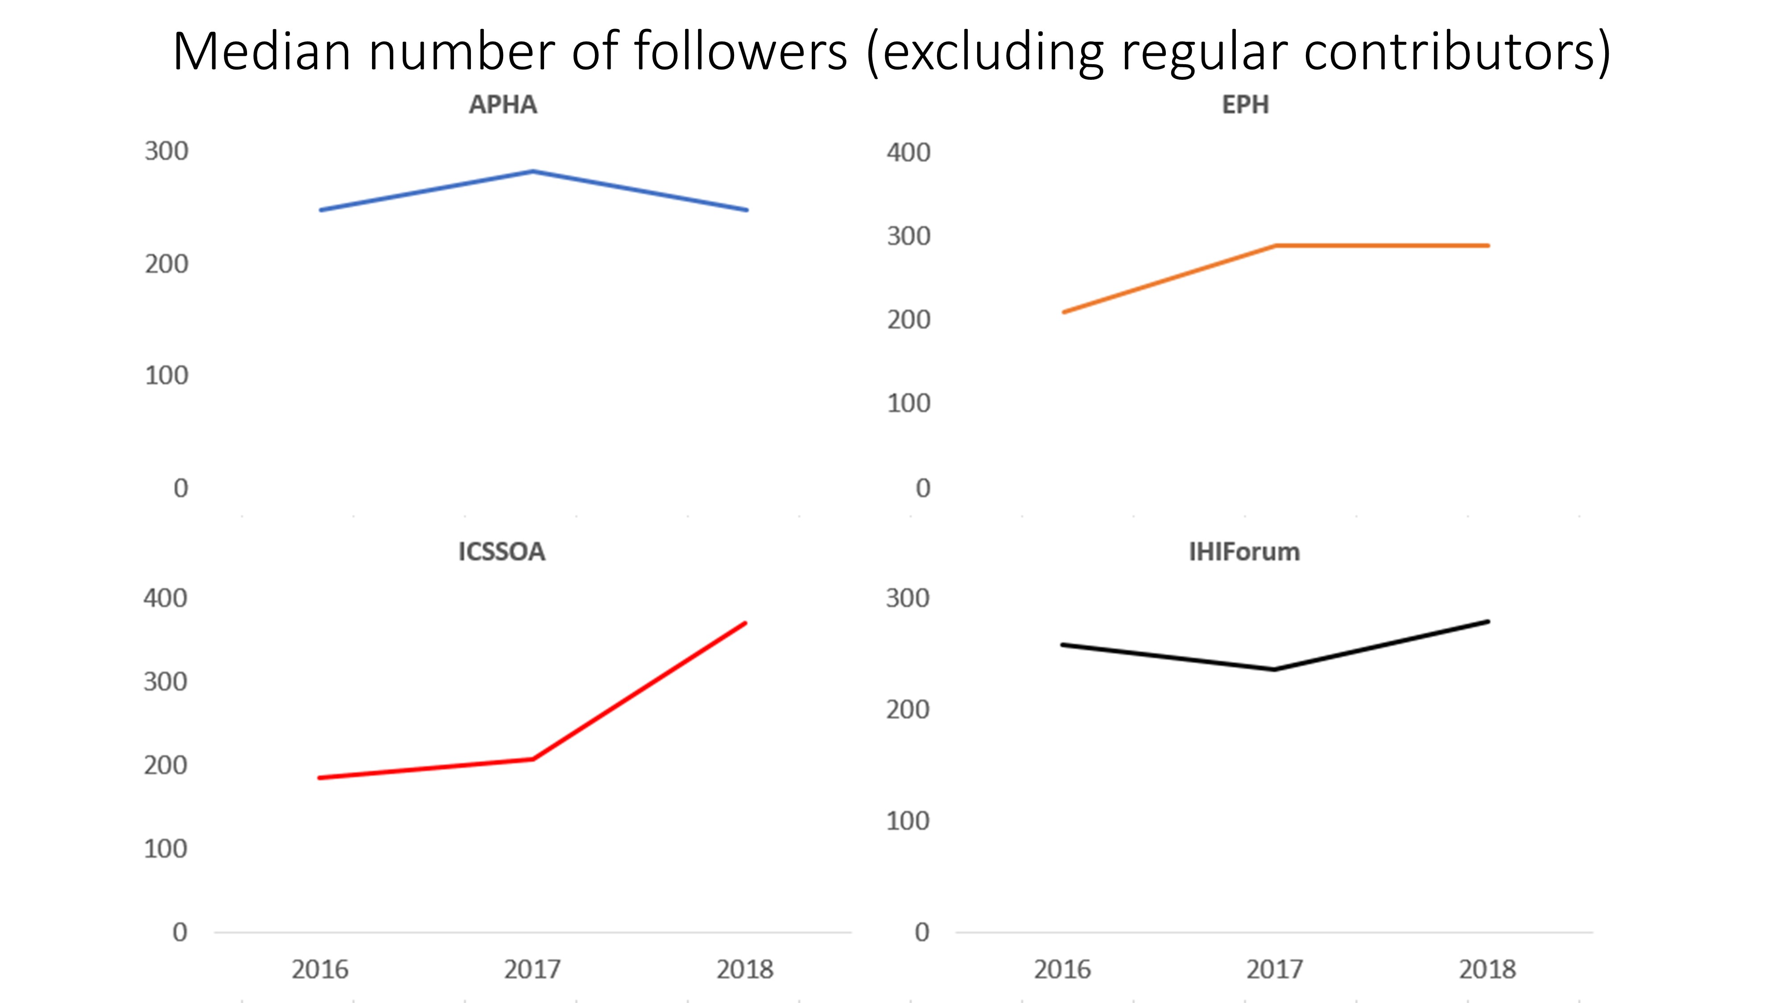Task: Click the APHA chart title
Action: click(503, 104)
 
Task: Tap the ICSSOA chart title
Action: click(501, 552)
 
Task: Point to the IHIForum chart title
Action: click(1244, 552)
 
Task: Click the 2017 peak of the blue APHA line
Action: click(533, 171)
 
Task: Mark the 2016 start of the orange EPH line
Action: click(1064, 312)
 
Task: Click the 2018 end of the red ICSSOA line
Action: click(745, 623)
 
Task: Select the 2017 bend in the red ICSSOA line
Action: click(533, 759)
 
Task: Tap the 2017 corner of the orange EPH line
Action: click(1275, 246)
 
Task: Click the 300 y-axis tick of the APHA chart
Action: click(166, 151)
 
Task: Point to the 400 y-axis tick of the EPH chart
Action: click(909, 152)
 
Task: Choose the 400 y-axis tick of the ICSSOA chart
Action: click(165, 598)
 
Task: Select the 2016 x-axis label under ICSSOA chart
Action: click(320, 970)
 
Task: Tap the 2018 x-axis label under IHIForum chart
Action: click(1487, 970)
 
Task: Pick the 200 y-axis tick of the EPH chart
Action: click(909, 320)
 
